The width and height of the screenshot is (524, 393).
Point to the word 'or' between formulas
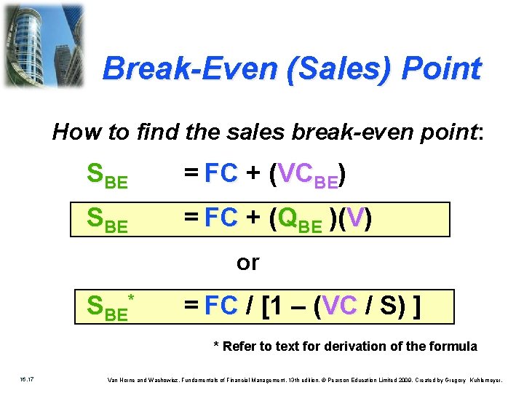point(247,262)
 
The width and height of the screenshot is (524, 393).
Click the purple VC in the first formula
point(295,173)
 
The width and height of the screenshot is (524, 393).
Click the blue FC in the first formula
point(221,173)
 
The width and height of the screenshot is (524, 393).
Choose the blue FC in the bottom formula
point(221,306)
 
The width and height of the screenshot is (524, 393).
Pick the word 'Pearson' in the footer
point(341,380)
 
